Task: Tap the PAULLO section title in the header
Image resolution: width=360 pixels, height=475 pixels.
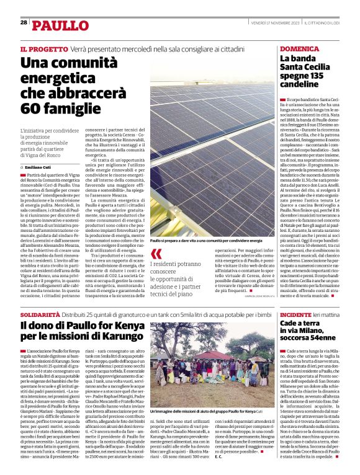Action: tap(60, 25)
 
